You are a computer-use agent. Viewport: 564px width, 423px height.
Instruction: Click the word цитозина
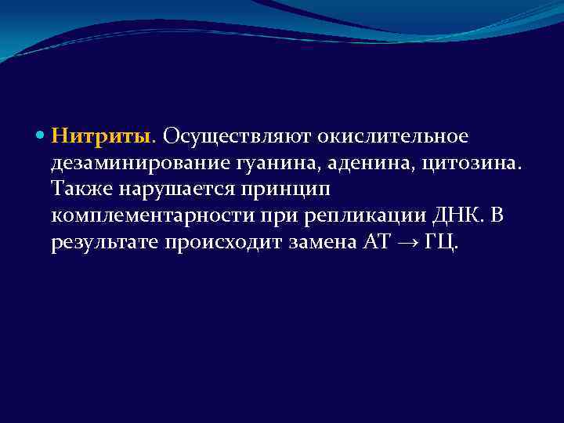454,164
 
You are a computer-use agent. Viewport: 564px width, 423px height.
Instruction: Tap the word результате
105,244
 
